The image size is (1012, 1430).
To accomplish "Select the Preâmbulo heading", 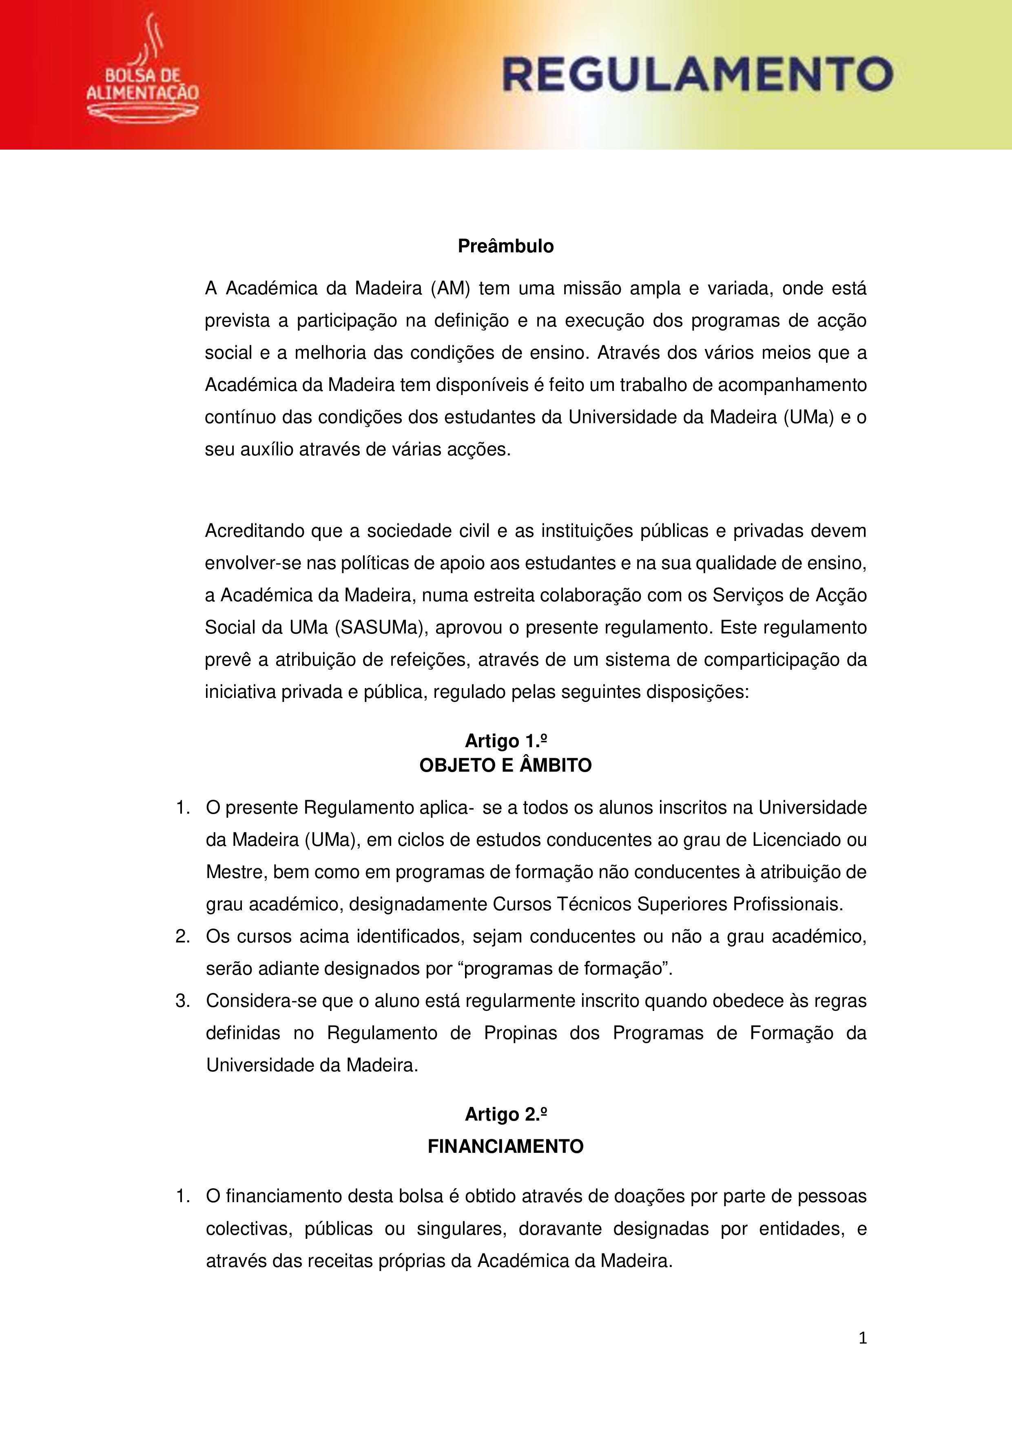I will click(505, 247).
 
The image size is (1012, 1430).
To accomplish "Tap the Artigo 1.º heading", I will click(505, 741).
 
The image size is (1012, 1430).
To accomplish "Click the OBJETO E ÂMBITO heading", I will click(505, 766).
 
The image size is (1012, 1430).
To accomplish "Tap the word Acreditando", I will click(254, 531).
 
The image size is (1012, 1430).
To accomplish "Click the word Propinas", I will click(520, 1033).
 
